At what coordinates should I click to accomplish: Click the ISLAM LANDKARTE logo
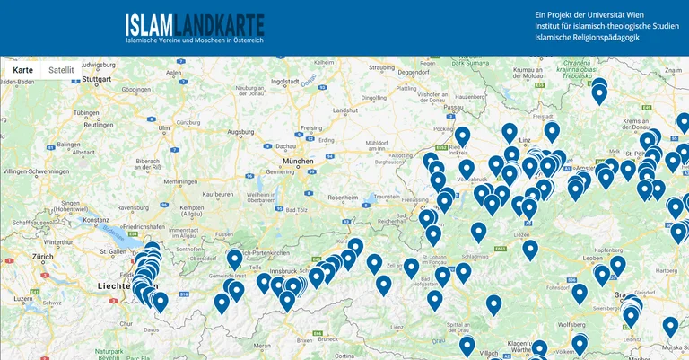pyautogui.click(x=195, y=27)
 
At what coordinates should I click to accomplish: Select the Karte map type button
pyautogui.click(x=22, y=69)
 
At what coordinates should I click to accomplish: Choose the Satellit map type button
pyautogui.click(x=62, y=69)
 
